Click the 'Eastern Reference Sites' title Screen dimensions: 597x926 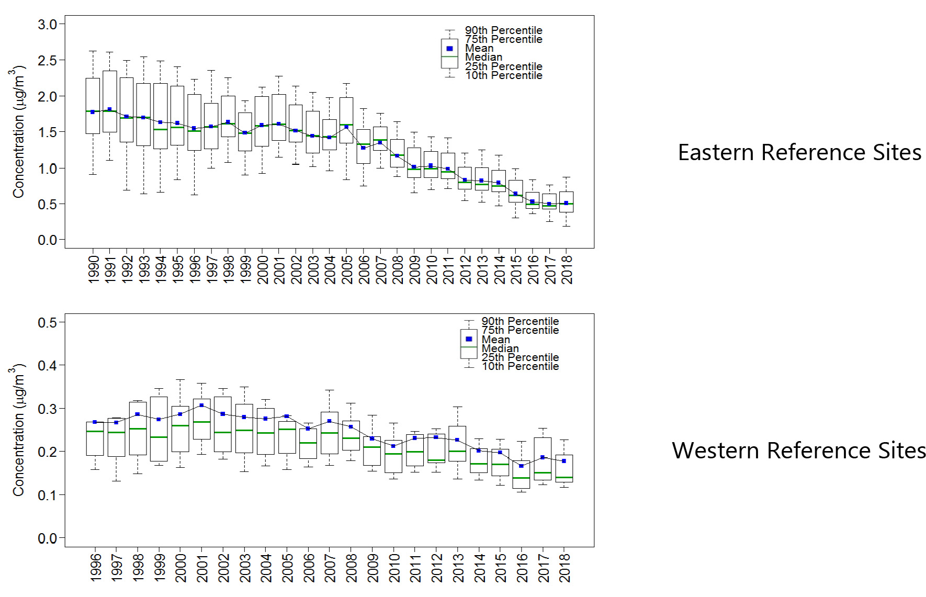pyautogui.click(x=799, y=153)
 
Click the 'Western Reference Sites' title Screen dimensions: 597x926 pyautogui.click(x=798, y=450)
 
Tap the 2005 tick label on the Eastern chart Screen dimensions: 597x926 pyautogui.click(x=347, y=269)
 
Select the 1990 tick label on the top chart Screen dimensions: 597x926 pyautogui.click(x=93, y=269)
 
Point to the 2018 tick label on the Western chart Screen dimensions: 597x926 pyautogui.click(x=564, y=568)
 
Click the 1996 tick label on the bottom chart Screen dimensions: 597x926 pyautogui.click(x=95, y=568)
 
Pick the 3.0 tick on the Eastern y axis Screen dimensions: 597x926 pyautogui.click(x=47, y=25)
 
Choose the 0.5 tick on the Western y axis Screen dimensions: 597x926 pyautogui.click(x=47, y=323)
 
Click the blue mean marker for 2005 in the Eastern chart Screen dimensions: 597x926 pyautogui.click(x=346, y=127)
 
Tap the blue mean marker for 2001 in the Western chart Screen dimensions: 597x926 pyautogui.click(x=201, y=405)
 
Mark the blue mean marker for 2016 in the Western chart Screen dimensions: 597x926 pyautogui.click(x=521, y=466)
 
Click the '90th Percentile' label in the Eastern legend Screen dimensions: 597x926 pyautogui.click(x=503, y=30)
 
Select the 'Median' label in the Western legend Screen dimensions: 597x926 pyautogui.click(x=500, y=348)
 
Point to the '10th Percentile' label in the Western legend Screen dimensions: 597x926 pyautogui.click(x=520, y=366)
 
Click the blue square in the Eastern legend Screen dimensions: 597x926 pyautogui.click(x=449, y=49)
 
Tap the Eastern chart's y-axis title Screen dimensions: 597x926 pyautogui.click(x=18, y=132)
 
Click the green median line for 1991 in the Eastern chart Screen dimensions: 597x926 pyautogui.click(x=110, y=111)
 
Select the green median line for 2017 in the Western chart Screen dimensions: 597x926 pyautogui.click(x=543, y=473)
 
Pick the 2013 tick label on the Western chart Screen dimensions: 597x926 pyautogui.click(x=458, y=568)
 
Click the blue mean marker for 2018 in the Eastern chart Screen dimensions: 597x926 pyautogui.click(x=566, y=203)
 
